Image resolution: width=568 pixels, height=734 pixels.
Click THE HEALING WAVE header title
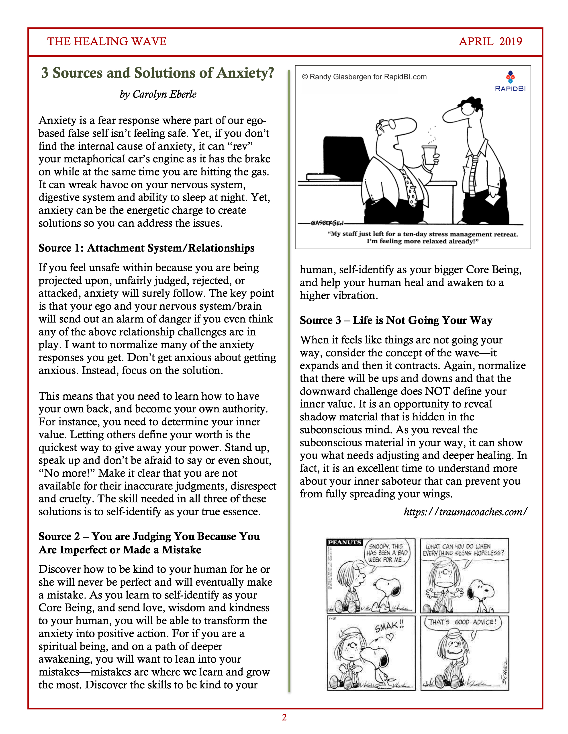(x=107, y=41)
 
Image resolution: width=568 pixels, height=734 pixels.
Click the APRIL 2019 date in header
(x=490, y=41)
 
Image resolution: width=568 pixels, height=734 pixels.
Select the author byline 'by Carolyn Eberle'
(x=158, y=94)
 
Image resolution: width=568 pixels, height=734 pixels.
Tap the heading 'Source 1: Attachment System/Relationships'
(x=146, y=248)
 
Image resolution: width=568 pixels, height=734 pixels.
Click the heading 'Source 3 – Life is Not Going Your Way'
(x=396, y=320)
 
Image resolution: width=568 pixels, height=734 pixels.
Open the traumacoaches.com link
(x=465, y=512)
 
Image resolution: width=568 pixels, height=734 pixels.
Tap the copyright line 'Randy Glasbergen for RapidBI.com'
(x=364, y=77)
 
